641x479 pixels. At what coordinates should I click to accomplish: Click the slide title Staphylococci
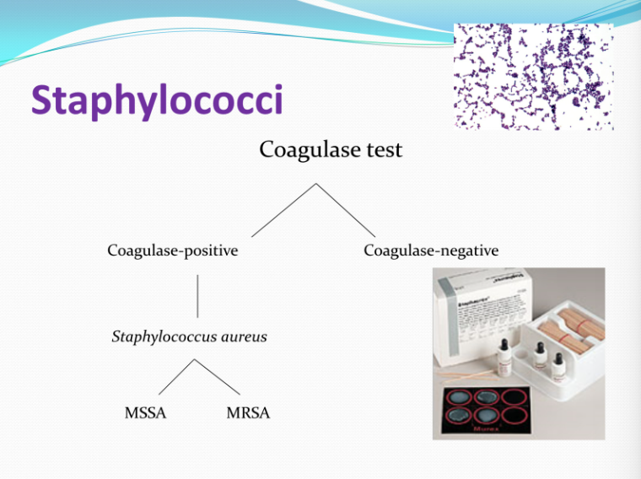[157, 101]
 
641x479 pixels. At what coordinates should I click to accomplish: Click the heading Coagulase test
[331, 150]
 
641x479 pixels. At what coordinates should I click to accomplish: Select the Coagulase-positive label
[173, 250]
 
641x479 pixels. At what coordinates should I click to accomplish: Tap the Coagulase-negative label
[431, 250]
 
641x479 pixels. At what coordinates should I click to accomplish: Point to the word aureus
[245, 336]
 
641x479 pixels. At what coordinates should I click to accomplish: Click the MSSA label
[145, 413]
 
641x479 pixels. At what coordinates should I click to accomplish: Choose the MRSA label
[248, 413]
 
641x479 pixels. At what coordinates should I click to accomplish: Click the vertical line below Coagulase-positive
[197, 295]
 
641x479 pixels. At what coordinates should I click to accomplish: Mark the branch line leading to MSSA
[177, 376]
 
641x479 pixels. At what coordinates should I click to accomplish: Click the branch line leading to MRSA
[218, 376]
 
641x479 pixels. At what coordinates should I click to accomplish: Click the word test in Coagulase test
[379, 150]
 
